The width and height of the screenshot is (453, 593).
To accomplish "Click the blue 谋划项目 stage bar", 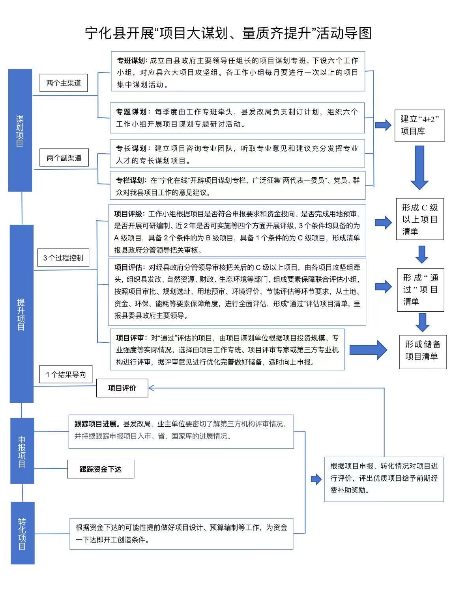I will coord(20,130).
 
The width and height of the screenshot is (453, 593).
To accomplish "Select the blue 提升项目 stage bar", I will coord(22,314).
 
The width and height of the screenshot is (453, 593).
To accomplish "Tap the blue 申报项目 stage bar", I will coord(22,451).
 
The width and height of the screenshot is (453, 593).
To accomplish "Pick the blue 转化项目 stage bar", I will coord(22,533).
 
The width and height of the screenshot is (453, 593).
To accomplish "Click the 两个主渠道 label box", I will coord(64,83).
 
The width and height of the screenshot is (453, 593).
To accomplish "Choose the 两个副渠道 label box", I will coord(64,158).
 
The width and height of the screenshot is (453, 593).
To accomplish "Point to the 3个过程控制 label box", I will coord(63,258).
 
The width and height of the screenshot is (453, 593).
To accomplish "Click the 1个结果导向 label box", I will coord(66,374).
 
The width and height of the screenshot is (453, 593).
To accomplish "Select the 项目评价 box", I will coord(122,388).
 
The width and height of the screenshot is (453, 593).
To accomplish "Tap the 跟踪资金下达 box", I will coord(101,469).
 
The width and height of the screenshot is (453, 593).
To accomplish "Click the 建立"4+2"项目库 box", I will coord(419,125).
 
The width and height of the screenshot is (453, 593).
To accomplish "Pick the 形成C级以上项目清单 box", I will coord(420,219).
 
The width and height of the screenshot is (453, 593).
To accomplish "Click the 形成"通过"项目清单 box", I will coord(420,290).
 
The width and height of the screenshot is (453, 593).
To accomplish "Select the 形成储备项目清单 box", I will coord(423,350).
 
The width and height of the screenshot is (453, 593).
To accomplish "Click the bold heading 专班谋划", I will coord(132,61).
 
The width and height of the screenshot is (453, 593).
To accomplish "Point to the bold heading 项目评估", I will coord(129,268).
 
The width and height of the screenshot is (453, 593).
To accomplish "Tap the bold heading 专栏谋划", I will coord(130,180).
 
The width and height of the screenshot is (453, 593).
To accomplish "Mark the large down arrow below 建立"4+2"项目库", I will coord(419,167).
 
